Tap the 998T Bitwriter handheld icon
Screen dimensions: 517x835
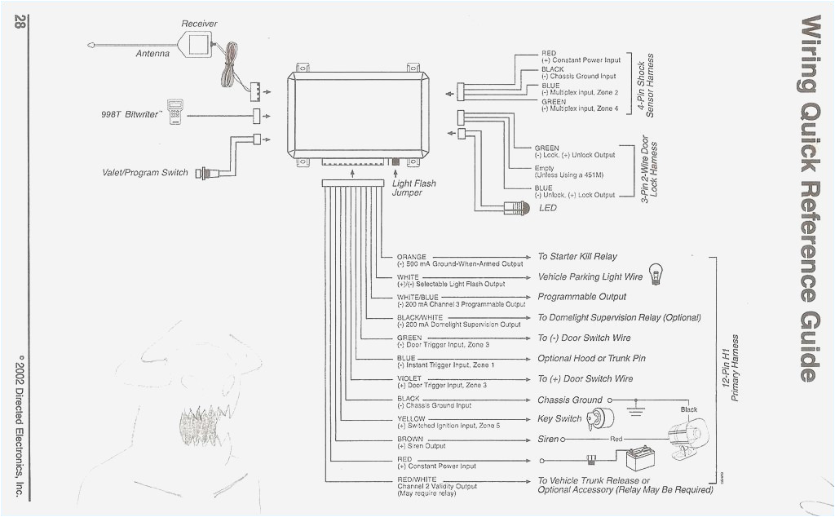(175, 113)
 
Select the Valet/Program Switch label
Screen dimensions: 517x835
(144, 173)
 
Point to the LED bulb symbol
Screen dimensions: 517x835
(520, 208)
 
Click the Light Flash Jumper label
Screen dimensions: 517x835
(414, 188)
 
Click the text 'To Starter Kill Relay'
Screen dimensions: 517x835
(577, 257)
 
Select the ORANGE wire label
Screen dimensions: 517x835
(412, 257)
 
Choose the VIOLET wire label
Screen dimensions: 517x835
(409, 378)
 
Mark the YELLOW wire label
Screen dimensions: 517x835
(411, 418)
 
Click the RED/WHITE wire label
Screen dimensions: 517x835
(417, 479)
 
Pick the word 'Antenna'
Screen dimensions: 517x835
(152, 54)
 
